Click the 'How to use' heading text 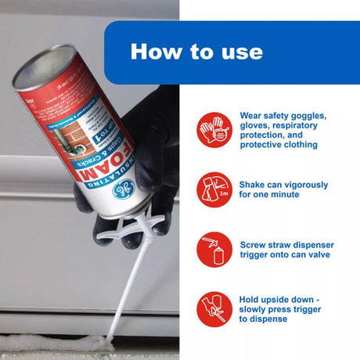point(196,52)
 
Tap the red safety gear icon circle point(214,128)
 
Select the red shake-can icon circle point(214,191)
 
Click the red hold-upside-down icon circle point(214,308)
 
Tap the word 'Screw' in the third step point(256,244)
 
